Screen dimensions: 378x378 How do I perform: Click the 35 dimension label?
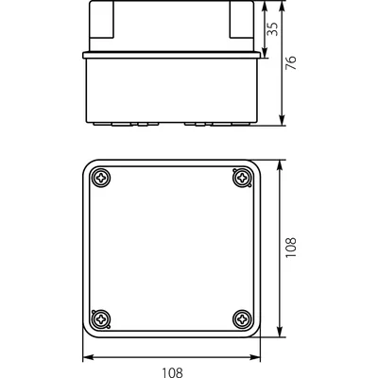pos(273,29)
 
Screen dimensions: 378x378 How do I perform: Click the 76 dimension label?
pos(291,62)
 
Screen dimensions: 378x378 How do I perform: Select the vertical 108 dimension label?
pos(291,248)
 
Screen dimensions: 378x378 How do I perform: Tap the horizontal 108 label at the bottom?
pos(172,372)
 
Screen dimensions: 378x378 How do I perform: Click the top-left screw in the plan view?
pos(101,179)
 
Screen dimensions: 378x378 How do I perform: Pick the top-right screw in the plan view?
pos(242,179)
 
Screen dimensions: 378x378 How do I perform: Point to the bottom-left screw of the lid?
pos(101,319)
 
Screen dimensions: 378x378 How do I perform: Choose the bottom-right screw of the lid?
pos(242,319)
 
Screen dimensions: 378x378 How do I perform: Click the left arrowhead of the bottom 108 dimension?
pos(89,357)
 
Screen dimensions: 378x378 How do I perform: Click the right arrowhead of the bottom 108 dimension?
pos(255,357)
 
